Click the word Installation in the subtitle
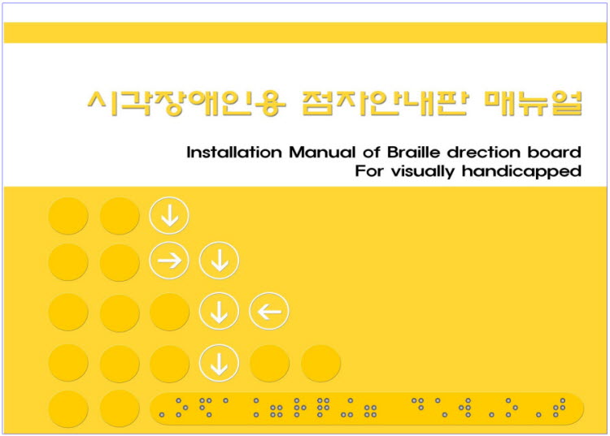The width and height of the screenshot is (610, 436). tap(234, 152)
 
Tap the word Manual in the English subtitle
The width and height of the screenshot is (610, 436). tap(322, 152)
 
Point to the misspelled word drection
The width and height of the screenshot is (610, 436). tap(484, 152)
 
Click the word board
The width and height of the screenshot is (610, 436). tap(555, 152)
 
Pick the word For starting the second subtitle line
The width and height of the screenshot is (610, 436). tap(369, 171)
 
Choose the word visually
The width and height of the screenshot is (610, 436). tap(423, 171)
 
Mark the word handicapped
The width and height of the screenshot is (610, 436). tap(521, 171)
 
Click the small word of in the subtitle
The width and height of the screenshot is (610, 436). tap(372, 152)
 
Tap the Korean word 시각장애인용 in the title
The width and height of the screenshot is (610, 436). tap(187, 103)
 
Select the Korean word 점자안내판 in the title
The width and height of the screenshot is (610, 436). tap(386, 103)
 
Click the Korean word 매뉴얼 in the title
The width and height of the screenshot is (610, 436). tap(534, 103)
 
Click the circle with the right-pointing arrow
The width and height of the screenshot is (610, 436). tap(169, 260)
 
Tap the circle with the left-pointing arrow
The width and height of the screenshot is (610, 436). tap(269, 311)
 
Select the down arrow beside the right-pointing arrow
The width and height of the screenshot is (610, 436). tap(220, 260)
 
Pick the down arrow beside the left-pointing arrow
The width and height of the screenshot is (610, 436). tap(220, 311)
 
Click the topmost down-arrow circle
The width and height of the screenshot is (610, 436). tap(169, 215)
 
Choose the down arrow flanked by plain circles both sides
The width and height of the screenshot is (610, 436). tap(220, 363)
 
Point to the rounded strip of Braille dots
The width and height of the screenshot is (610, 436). tap(367, 408)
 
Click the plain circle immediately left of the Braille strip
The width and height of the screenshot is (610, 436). tap(120, 409)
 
